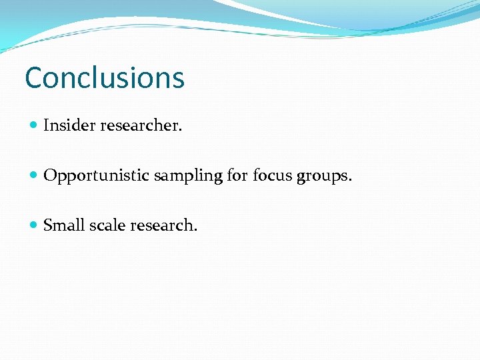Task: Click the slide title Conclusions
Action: pyautogui.click(x=105, y=77)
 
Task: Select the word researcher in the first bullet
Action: pyautogui.click(x=139, y=125)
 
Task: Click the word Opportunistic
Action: pyautogui.click(x=97, y=175)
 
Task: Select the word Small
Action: pyautogui.click(x=64, y=225)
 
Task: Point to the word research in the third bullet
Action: pyautogui.click(x=163, y=225)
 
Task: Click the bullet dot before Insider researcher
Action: pyautogui.click(x=34, y=125)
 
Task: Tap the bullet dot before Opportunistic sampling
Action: pyautogui.click(x=34, y=176)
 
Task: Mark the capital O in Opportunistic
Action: pyautogui.click(x=50, y=175)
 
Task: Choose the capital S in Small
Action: pyautogui.click(x=48, y=225)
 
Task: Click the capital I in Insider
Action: pyautogui.click(x=47, y=125)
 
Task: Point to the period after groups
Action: pyautogui.click(x=350, y=180)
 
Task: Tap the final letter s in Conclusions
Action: pyautogui.click(x=178, y=80)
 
